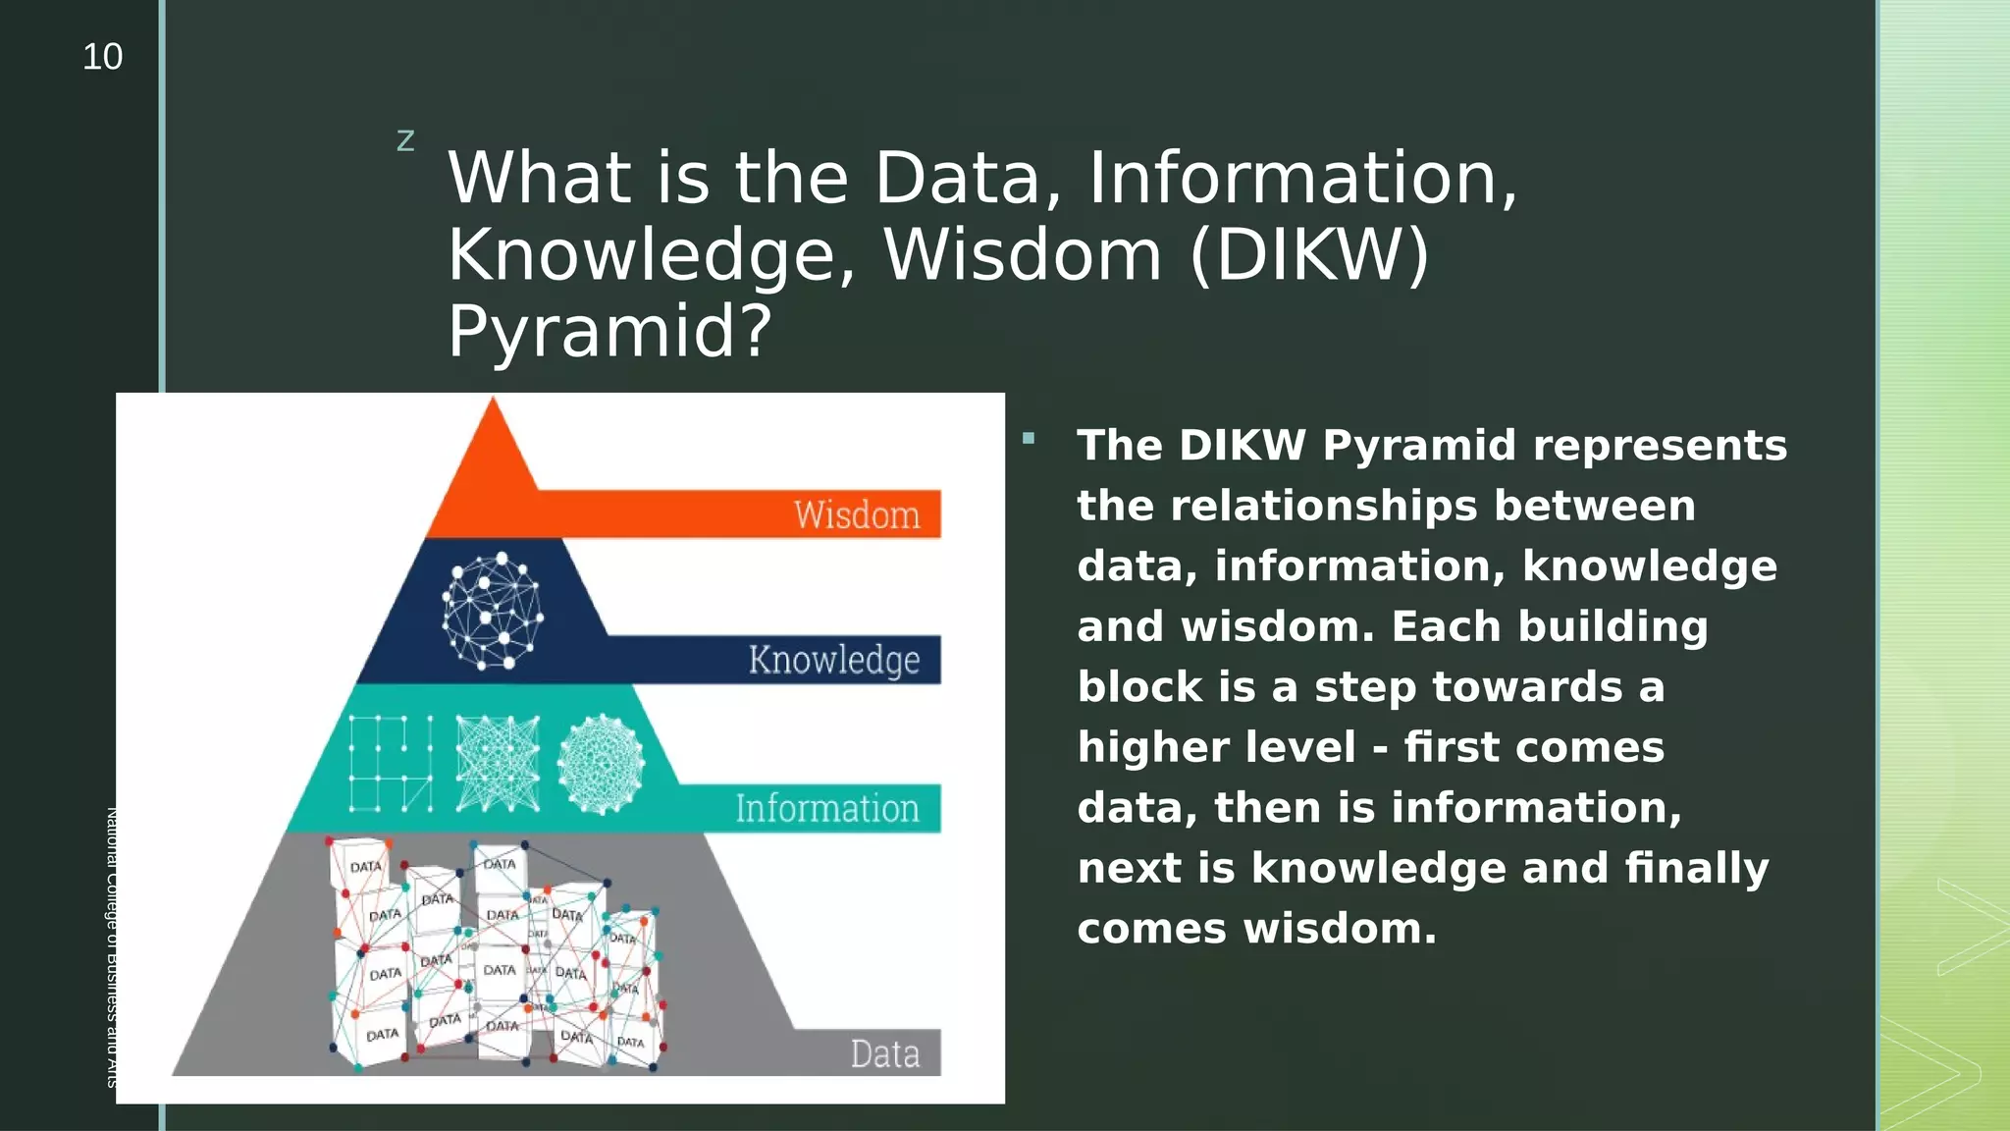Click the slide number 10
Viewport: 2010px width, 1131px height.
[102, 57]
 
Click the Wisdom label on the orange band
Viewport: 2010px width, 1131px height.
[857, 515]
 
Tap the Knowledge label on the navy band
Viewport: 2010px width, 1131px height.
[833, 660]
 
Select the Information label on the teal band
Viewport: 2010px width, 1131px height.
[826, 809]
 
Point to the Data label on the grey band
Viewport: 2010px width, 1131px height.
[884, 1054]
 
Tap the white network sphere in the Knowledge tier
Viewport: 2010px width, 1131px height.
[493, 611]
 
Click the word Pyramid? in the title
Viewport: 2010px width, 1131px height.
[609, 331]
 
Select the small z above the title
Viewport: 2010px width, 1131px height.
[405, 141]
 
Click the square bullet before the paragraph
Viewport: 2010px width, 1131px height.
[1028, 439]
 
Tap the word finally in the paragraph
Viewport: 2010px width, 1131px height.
[1696, 869]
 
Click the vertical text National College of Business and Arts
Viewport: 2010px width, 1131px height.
[111, 947]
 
